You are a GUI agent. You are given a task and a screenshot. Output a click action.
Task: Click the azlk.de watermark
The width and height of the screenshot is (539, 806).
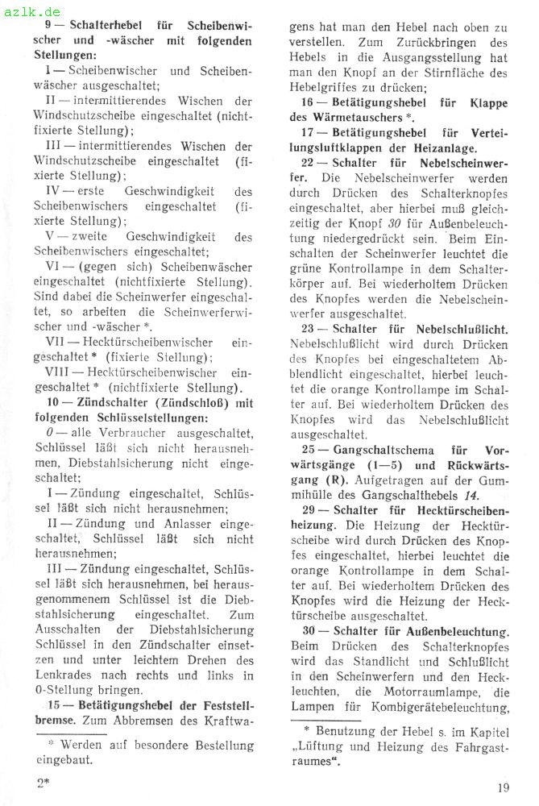coord(32,11)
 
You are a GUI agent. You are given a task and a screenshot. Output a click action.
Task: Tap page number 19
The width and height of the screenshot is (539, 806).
coord(504,788)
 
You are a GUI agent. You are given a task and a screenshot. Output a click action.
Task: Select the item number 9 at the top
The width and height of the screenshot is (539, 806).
coord(50,25)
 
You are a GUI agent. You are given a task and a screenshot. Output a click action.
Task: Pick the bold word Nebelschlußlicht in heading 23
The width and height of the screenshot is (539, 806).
coord(459,328)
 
